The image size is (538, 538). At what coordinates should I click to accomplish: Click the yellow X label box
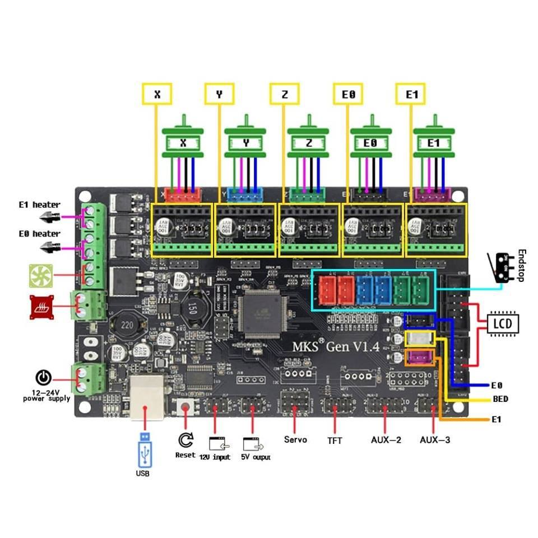coord(157,94)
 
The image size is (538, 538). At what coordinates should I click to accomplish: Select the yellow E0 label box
coord(347,94)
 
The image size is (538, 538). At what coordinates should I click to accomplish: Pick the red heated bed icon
coord(41,307)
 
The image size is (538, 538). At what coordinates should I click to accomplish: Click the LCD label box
coord(503,323)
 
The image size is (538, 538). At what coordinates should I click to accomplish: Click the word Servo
coord(295,439)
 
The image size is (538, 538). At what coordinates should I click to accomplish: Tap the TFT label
coord(335,440)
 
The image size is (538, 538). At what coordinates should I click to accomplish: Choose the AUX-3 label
coord(435,440)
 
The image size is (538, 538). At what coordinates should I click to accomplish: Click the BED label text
coord(500,400)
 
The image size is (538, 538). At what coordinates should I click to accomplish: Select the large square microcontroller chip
coord(262,315)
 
